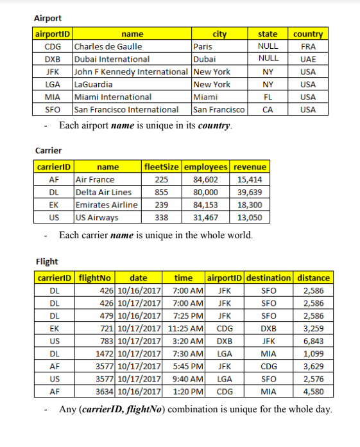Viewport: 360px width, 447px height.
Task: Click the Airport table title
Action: coord(48,18)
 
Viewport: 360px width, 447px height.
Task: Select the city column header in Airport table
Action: coord(219,34)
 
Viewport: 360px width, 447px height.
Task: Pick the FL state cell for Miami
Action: coord(268,97)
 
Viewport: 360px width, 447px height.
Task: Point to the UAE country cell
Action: coord(308,59)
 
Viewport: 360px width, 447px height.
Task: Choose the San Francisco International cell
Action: coord(126,110)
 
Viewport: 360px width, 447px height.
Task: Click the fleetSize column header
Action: coord(162,167)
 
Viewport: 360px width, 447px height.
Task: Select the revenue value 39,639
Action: coord(250,192)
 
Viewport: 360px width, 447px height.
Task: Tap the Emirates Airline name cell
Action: coord(107,205)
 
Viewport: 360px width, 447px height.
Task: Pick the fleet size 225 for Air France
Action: coord(162,180)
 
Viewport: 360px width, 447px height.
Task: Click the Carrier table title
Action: coord(48,150)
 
